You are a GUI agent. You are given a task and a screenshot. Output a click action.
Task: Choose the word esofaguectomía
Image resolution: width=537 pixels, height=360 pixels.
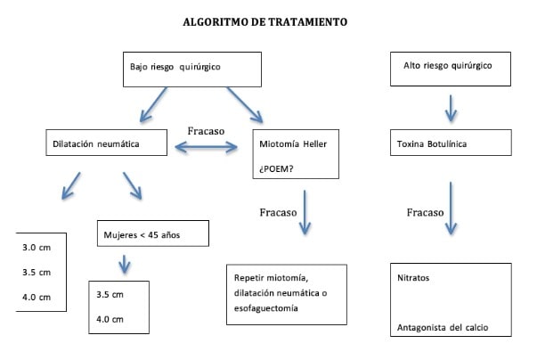coord(268,308)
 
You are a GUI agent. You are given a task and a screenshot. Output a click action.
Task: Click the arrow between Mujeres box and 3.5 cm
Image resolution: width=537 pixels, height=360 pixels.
coord(124,265)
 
